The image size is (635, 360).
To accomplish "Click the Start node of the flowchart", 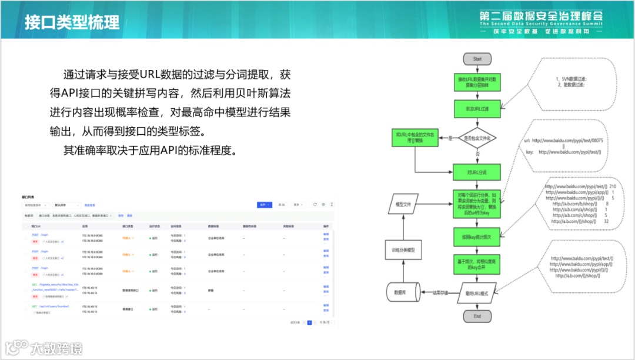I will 477,59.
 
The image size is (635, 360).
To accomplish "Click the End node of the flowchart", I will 477,316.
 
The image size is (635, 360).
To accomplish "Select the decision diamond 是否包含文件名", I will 477,138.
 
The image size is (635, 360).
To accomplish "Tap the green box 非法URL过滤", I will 477,108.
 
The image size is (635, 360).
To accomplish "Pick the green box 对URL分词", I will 477,172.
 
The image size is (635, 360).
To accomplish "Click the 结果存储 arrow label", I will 440,292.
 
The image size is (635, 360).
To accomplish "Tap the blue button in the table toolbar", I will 265,205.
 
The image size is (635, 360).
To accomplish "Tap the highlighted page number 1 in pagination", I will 310,322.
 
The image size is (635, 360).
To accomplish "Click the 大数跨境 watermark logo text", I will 58,348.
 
